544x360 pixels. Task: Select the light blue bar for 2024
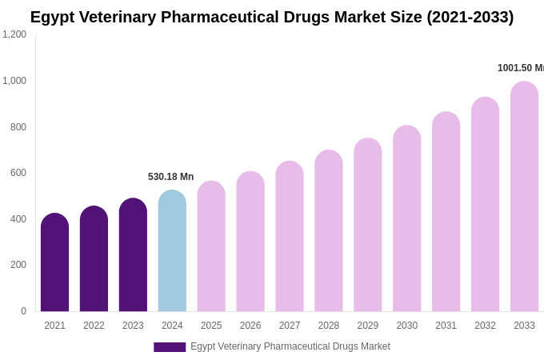click(172, 251)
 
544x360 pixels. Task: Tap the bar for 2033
click(524, 197)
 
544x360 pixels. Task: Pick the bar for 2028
click(328, 231)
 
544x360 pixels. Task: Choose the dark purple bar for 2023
click(133, 255)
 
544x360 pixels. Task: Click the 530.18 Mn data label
click(170, 177)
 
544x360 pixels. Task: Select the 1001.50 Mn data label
click(520, 68)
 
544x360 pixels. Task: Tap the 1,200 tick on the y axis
click(14, 34)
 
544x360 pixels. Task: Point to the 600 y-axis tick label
click(18, 173)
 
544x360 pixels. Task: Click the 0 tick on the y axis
click(23, 311)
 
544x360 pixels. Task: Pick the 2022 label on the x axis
click(94, 326)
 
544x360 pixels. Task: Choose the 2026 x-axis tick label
click(250, 326)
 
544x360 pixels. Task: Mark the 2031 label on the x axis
click(446, 326)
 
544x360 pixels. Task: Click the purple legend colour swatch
click(170, 347)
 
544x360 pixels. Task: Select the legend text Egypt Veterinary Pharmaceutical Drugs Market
click(290, 346)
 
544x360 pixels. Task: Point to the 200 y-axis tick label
click(18, 265)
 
